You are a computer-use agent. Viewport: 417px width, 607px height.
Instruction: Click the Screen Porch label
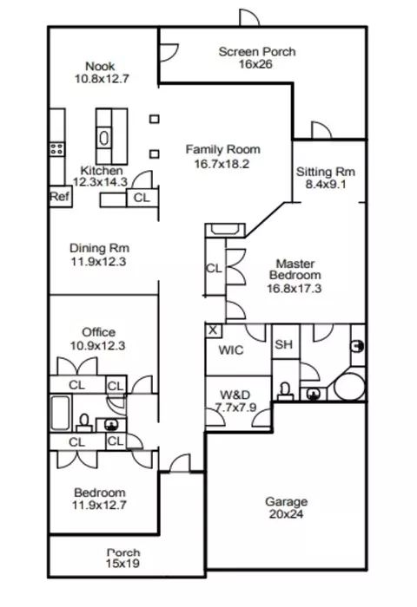point(257,52)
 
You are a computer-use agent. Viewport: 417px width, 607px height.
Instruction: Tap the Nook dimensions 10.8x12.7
point(102,79)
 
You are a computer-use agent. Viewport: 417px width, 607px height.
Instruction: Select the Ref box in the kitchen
point(60,197)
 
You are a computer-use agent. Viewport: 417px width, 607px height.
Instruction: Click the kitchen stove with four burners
point(56,149)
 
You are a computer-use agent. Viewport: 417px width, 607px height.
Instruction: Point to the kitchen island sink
point(104,138)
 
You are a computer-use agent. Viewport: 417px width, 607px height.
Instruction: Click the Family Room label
point(222,149)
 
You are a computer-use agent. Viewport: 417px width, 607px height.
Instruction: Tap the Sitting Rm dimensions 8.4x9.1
point(326,184)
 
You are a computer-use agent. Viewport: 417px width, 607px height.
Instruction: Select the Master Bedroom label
point(295,270)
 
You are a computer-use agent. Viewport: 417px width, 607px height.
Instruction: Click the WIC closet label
point(231,350)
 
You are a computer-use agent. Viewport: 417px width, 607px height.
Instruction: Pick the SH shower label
point(283,344)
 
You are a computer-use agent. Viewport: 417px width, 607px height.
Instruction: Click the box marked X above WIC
point(213,330)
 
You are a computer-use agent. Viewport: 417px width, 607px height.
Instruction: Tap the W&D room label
point(235,395)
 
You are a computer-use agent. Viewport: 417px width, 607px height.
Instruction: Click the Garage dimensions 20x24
point(286,514)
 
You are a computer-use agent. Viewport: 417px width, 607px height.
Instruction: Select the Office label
point(98,332)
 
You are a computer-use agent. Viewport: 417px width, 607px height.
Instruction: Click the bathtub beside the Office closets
point(60,413)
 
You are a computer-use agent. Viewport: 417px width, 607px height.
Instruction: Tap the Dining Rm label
point(99,248)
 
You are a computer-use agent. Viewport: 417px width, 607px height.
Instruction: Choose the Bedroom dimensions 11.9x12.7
point(99,505)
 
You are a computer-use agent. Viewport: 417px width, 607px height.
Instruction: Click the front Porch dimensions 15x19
point(122,564)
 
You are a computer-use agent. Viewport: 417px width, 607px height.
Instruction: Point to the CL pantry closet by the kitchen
point(142,198)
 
